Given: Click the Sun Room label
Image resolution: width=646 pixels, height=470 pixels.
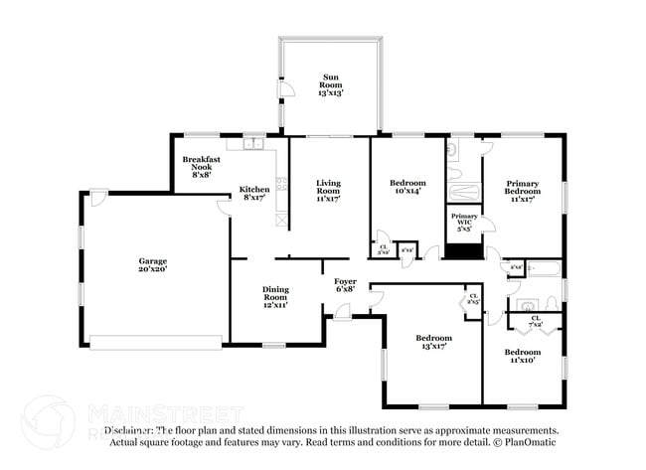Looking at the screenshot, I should pos(329,82).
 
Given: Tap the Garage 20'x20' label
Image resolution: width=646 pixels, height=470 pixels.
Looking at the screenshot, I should pos(152,264).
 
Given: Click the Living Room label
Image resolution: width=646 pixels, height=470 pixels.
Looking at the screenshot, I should pos(328,190).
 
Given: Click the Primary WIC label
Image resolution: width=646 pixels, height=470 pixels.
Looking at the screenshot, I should pos(464,222).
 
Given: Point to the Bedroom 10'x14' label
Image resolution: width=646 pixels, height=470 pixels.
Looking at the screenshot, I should pos(407,189).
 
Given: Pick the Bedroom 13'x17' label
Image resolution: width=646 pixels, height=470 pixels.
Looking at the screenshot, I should pos(432,343).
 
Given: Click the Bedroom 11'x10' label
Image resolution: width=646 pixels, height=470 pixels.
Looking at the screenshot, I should pos(522,357).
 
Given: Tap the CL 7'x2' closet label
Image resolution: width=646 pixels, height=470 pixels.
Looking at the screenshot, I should pos(535,321).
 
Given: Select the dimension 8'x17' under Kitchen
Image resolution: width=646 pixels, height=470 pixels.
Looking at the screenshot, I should pos(253,198).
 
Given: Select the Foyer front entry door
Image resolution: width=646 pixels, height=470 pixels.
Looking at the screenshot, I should pos(342,312).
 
